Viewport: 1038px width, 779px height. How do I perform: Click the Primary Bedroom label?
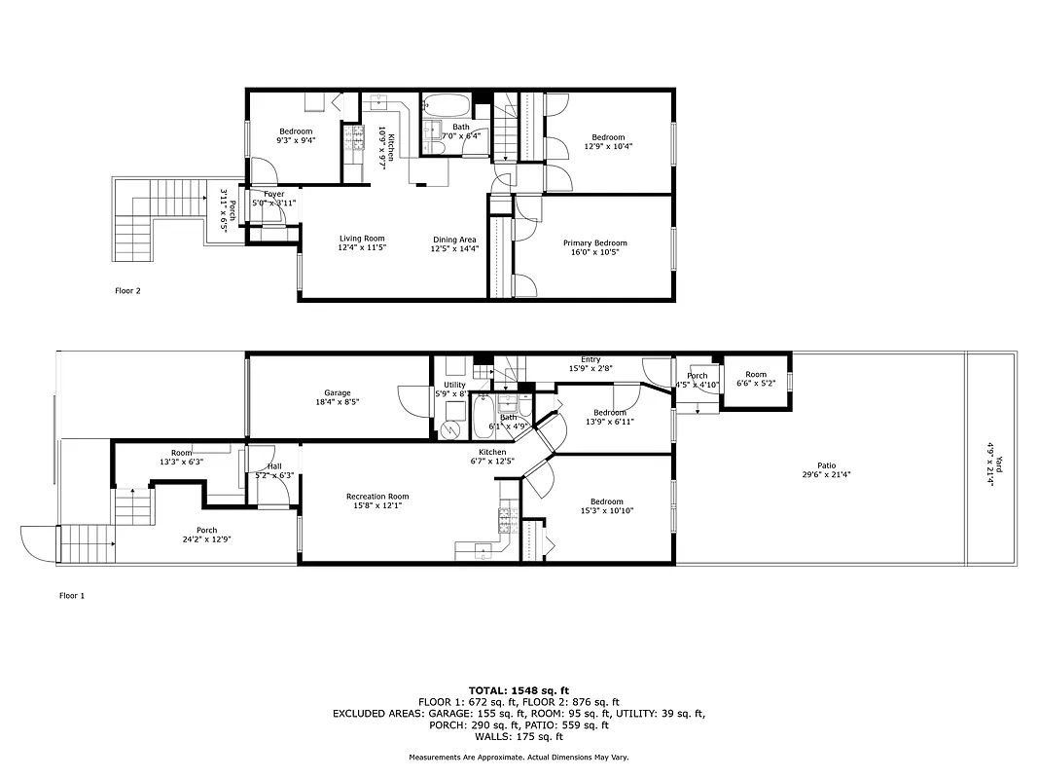point(594,243)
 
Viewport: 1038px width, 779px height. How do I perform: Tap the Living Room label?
point(362,239)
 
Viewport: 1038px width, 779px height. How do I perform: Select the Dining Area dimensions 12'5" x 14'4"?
point(455,248)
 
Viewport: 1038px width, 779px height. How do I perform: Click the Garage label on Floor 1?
point(338,393)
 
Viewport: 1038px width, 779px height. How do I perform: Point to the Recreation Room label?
point(377,497)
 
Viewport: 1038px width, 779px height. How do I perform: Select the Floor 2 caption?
point(128,290)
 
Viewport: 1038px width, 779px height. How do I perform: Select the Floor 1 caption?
point(72,595)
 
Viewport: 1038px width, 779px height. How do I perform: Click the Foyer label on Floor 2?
point(273,194)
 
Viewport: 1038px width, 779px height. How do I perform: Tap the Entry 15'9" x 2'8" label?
point(591,363)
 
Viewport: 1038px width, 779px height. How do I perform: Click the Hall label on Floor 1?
point(274,466)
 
